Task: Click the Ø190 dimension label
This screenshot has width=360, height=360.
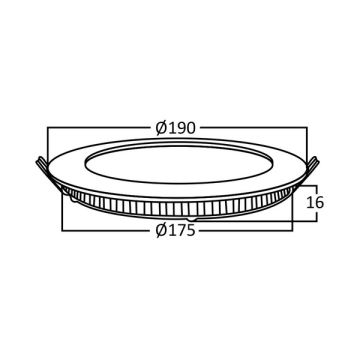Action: coord(176,128)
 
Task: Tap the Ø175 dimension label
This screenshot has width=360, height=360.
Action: coord(175,230)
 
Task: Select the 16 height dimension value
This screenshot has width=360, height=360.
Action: coord(314,202)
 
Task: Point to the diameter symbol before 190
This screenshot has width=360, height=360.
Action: coord(161,128)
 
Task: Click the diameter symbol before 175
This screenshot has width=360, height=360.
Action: coord(161,230)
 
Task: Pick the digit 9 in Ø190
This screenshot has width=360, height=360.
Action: coord(181,128)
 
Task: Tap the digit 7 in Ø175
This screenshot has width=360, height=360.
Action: coord(181,231)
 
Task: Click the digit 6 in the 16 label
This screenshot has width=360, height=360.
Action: coord(319,202)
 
